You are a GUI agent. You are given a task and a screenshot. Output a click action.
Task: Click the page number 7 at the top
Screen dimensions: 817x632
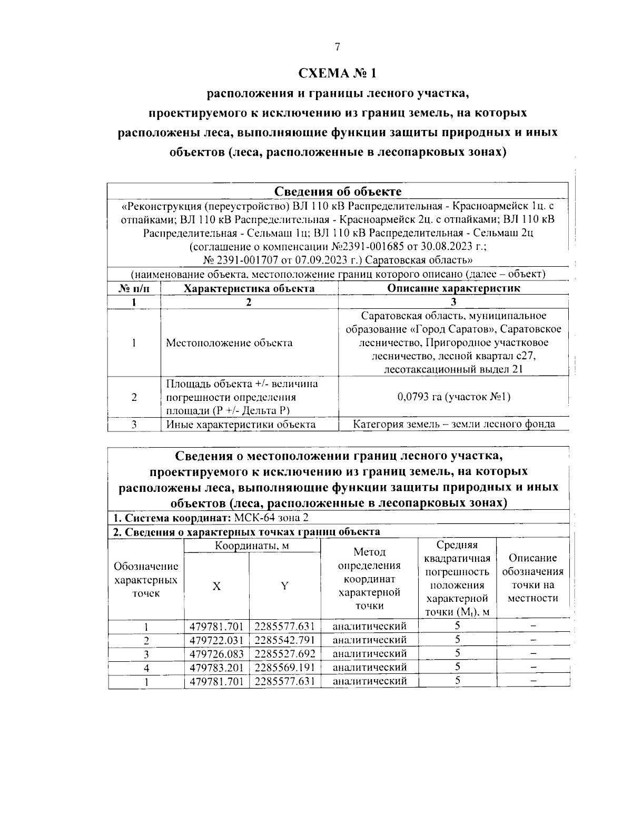pyautogui.click(x=337, y=47)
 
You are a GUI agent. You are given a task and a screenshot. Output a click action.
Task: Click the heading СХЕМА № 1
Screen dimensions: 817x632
pyautogui.click(x=337, y=73)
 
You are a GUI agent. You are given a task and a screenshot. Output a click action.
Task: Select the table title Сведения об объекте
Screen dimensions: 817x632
pyautogui.click(x=338, y=191)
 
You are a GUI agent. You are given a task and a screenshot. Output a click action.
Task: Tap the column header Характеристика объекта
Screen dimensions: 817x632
pyautogui.click(x=249, y=288)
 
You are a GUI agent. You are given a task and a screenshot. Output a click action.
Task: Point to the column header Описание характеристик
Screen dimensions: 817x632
pyautogui.click(x=453, y=288)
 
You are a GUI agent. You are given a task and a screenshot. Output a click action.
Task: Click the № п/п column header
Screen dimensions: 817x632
pyautogui.click(x=134, y=288)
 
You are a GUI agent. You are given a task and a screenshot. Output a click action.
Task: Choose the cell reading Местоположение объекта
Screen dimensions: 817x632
pyautogui.click(x=229, y=343)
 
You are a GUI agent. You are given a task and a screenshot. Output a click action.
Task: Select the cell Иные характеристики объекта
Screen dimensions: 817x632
pyautogui.click(x=241, y=425)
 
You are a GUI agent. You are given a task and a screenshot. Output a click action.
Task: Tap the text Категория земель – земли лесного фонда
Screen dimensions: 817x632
pyautogui.click(x=453, y=424)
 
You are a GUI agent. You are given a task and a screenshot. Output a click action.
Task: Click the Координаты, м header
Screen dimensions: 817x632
pyautogui.click(x=252, y=546)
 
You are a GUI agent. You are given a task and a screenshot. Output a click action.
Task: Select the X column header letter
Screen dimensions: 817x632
pyautogui.click(x=216, y=587)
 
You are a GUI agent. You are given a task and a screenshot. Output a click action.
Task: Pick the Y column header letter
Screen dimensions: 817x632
pyautogui.click(x=284, y=587)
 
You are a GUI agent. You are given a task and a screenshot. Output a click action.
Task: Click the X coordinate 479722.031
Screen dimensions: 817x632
pyautogui.click(x=216, y=640)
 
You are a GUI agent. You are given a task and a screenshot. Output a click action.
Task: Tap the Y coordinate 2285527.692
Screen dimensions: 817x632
pyautogui.click(x=284, y=654)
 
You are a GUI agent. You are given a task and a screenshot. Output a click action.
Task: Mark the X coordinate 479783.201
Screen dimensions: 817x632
pyautogui.click(x=216, y=668)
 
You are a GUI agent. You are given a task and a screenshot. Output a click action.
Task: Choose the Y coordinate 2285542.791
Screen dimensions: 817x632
pyautogui.click(x=284, y=640)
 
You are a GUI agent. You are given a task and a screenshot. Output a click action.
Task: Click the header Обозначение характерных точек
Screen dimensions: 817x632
pyautogui.click(x=146, y=580)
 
